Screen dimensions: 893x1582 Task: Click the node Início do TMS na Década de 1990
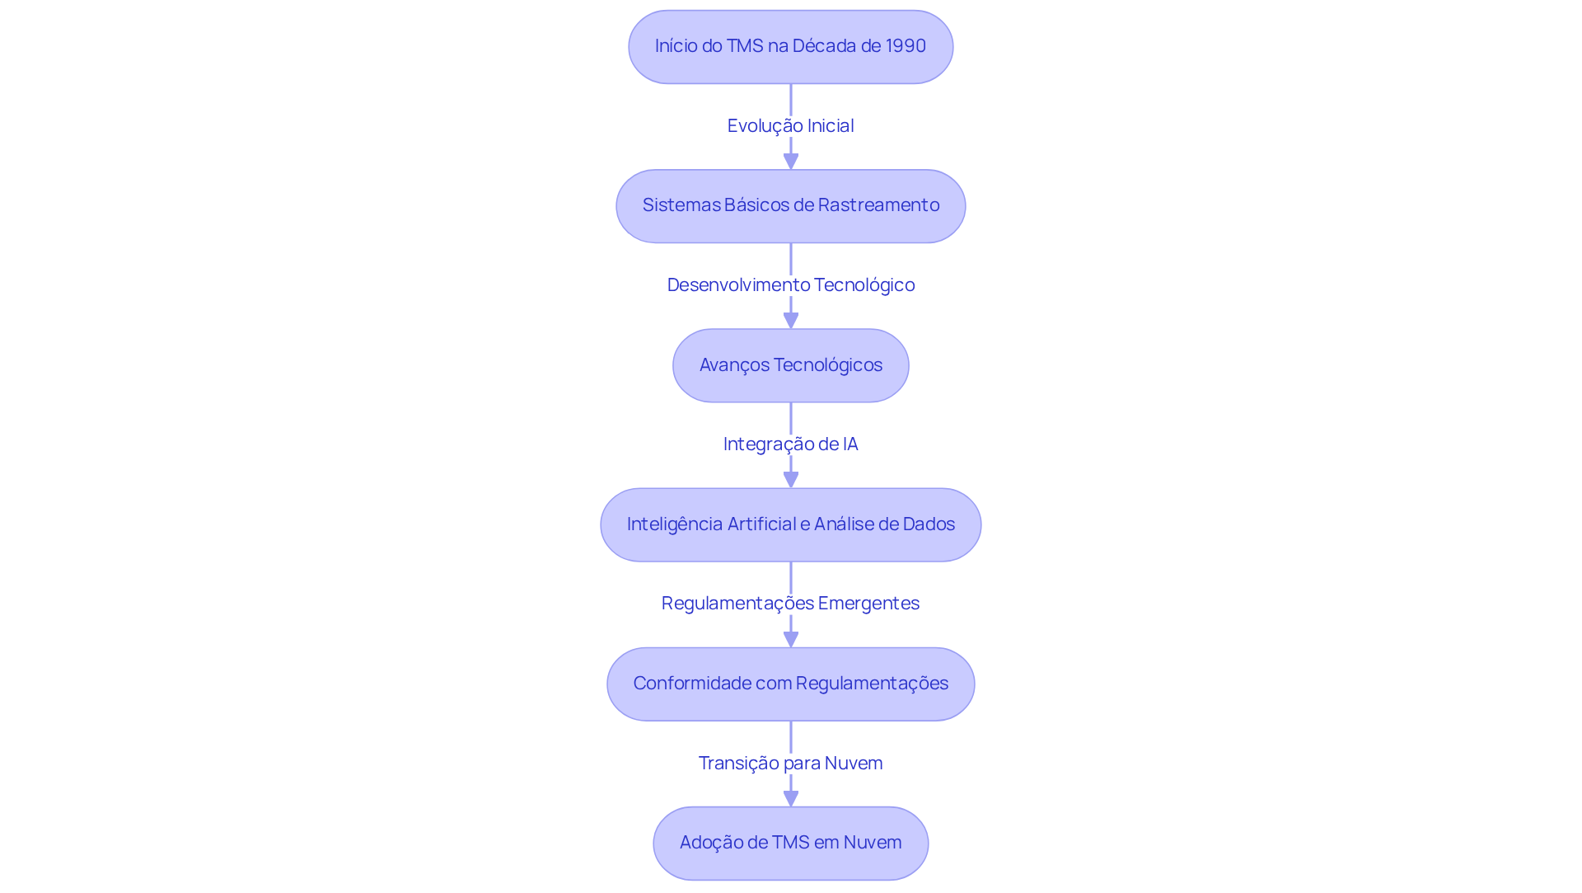pyautogui.click(x=790, y=47)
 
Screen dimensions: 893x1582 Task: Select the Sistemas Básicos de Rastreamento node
pyautogui.click(x=790, y=206)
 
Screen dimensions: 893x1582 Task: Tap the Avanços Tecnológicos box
pyautogui.click(x=790, y=365)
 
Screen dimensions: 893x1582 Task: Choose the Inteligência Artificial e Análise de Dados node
pyautogui.click(x=790, y=524)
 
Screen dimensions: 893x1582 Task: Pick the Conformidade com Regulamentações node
pyautogui.click(x=790, y=684)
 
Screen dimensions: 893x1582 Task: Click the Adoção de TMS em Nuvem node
pyautogui.click(x=790, y=843)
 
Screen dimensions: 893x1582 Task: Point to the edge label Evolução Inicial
pyautogui.click(x=790, y=125)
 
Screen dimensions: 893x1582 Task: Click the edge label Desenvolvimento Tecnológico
pyautogui.click(x=790, y=284)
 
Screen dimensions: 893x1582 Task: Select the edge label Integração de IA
pyautogui.click(x=790, y=444)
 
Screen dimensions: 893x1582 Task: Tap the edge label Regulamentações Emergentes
pyautogui.click(x=790, y=603)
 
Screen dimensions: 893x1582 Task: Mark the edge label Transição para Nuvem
pyautogui.click(x=790, y=763)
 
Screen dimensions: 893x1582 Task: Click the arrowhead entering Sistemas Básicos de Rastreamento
pyautogui.click(x=791, y=161)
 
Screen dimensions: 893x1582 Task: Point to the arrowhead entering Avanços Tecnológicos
pyautogui.click(x=791, y=320)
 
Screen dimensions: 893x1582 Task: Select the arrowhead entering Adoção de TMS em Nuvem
pyautogui.click(x=791, y=798)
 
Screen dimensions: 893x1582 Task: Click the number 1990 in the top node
pyautogui.click(x=906, y=46)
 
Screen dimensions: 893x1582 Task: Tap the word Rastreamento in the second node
pyautogui.click(x=878, y=204)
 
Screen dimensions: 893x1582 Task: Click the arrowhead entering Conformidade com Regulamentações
pyautogui.click(x=791, y=639)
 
